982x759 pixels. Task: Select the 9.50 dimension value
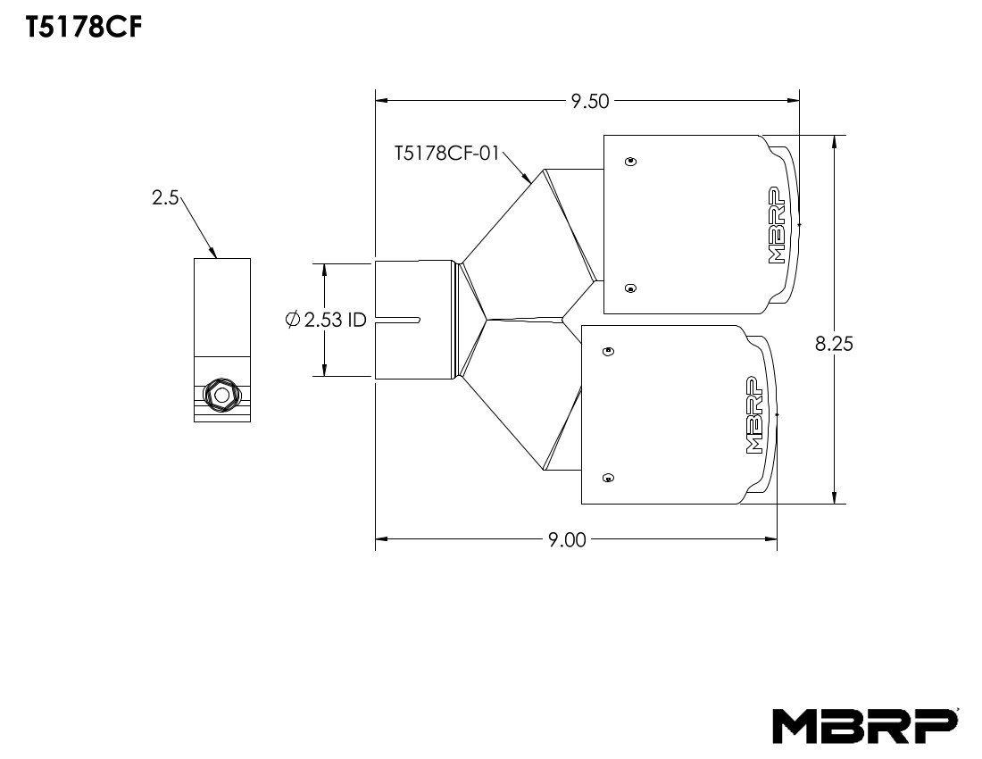point(589,101)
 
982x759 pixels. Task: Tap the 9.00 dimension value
point(566,539)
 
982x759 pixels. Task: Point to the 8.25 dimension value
point(835,344)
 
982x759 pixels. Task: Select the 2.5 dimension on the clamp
point(166,198)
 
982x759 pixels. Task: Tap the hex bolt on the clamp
point(220,394)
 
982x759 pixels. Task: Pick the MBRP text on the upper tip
point(775,227)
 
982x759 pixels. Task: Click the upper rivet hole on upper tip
point(631,162)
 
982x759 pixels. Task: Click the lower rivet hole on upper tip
point(631,288)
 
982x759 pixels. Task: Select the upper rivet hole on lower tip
point(609,351)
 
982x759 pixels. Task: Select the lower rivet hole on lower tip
point(609,477)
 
